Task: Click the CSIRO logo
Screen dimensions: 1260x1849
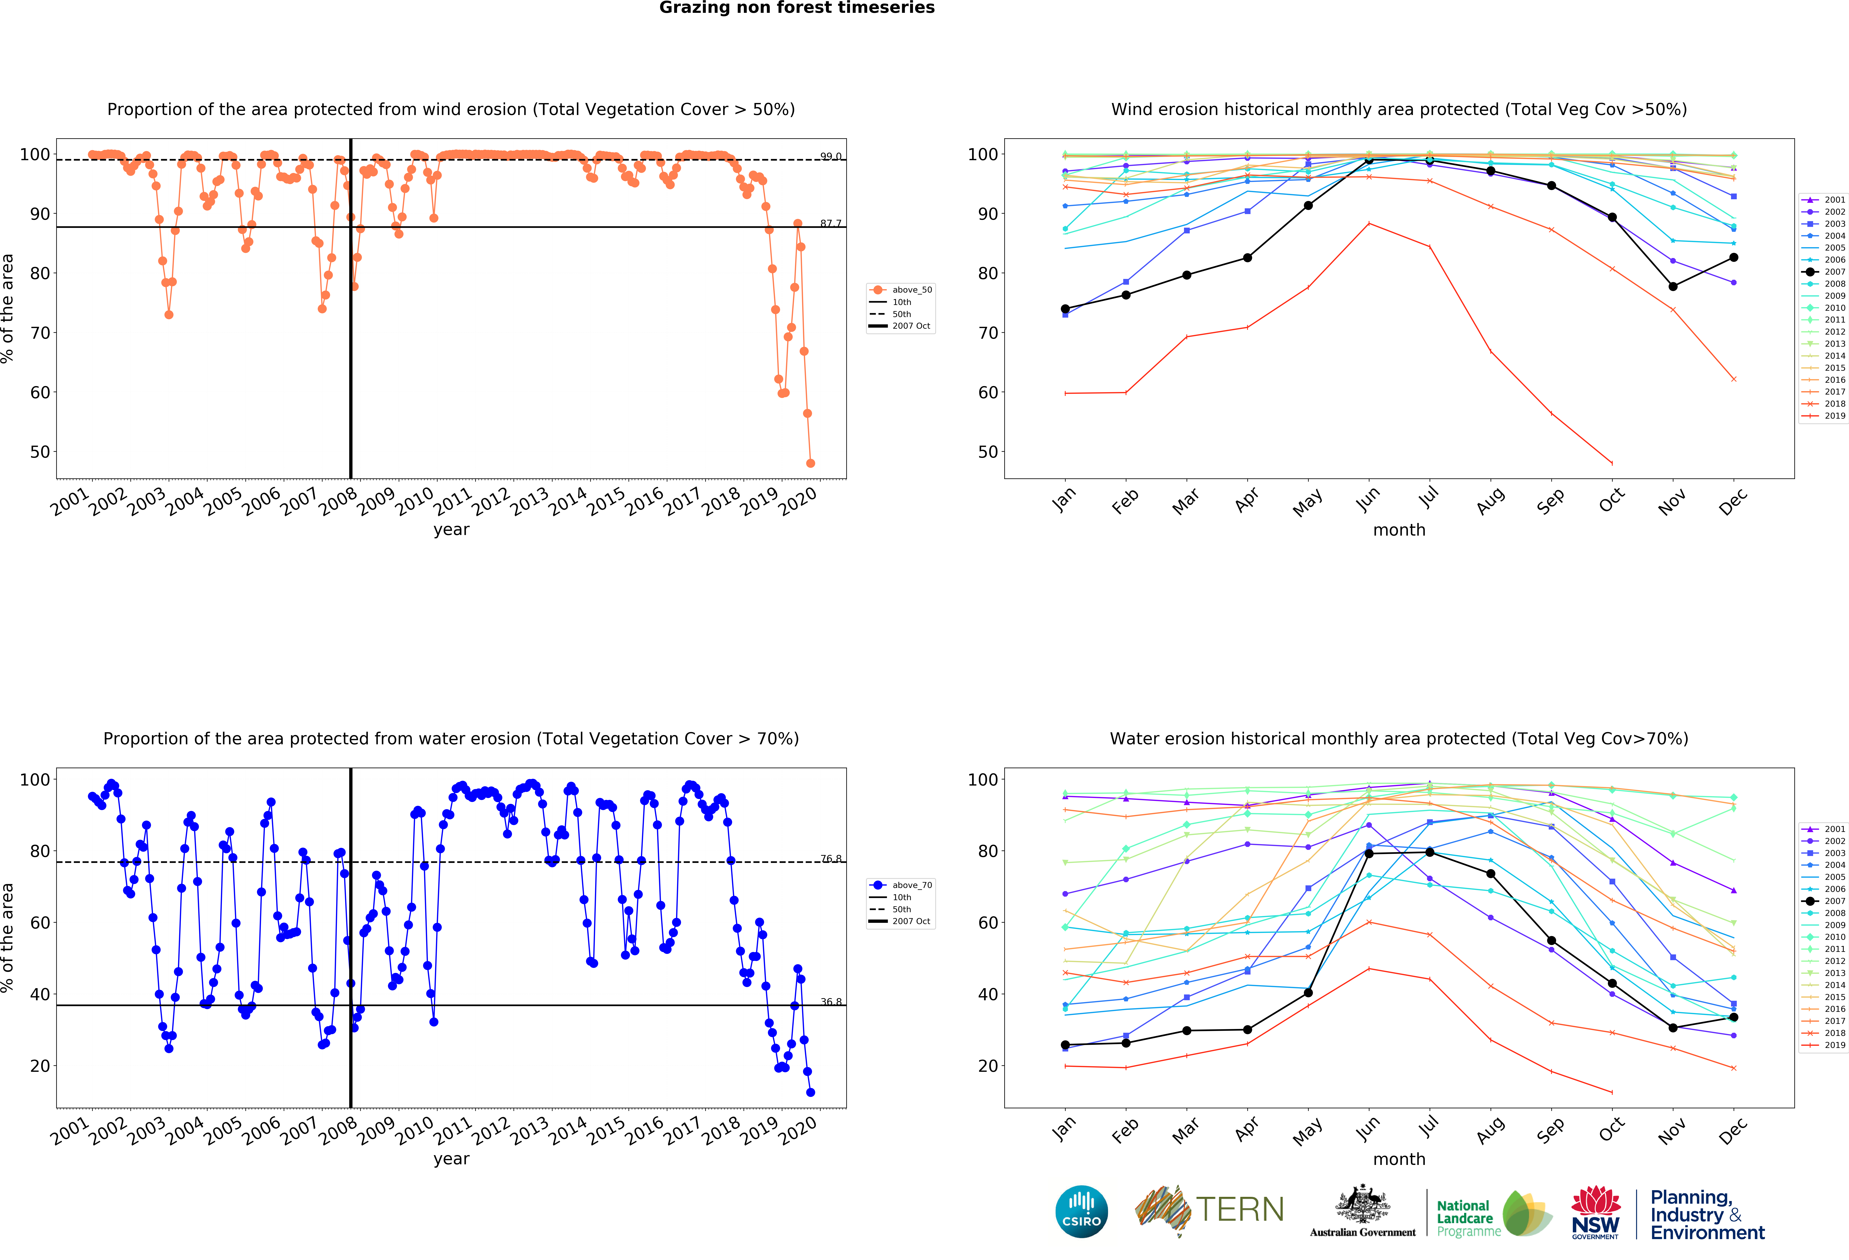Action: tap(1081, 1212)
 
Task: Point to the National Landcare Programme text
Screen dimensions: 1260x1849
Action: tap(1465, 1218)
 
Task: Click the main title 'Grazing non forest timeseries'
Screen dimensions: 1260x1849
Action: tap(796, 8)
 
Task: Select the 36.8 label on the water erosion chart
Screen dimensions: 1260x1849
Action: tap(831, 1002)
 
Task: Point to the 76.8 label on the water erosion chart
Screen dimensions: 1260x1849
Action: tap(831, 858)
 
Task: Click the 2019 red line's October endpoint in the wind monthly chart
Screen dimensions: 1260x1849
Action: tap(1612, 463)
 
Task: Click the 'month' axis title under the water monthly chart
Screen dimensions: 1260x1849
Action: tap(1399, 1159)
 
